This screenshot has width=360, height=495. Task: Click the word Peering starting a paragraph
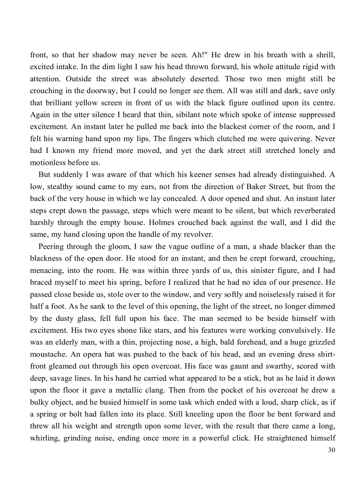point(52,246)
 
